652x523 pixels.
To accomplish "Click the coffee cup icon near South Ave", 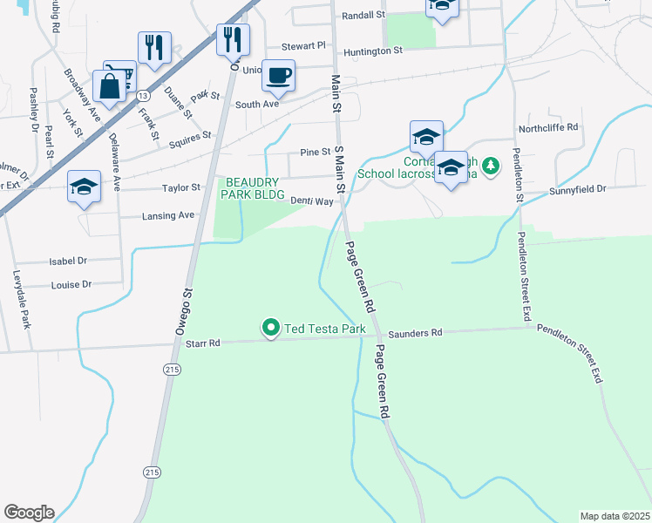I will point(278,75).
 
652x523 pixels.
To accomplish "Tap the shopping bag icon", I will point(111,87).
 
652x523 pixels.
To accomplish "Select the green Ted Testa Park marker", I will point(271,329).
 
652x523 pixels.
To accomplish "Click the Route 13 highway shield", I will point(141,94).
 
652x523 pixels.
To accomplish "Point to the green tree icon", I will point(491,164).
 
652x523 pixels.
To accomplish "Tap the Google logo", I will point(29,513).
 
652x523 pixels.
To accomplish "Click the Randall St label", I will point(363,15).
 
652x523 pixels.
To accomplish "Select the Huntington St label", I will point(372,51).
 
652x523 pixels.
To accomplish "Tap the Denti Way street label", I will point(312,201).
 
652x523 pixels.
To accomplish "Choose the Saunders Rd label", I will point(416,333).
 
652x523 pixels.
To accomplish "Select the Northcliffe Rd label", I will point(548,126).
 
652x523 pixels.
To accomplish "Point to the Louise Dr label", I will point(71,285).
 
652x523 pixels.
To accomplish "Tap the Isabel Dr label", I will point(69,261).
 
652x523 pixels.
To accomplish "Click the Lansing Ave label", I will point(168,215).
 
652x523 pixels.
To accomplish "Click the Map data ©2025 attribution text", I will point(615,516).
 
